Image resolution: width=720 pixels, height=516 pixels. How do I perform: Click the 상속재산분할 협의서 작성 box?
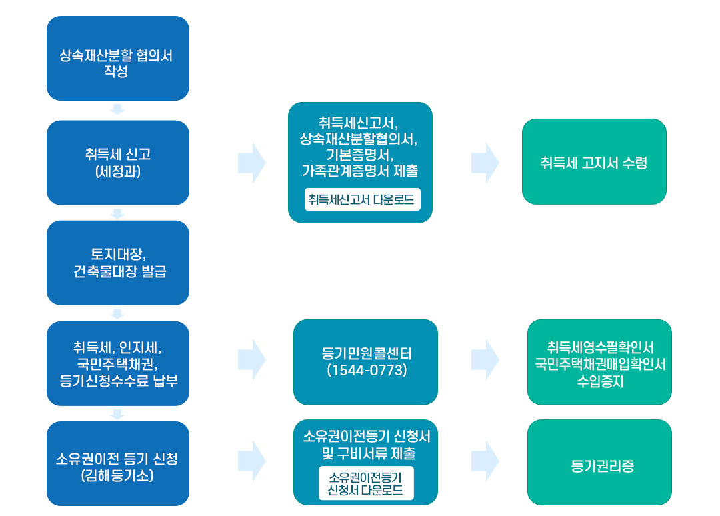pos(117,59)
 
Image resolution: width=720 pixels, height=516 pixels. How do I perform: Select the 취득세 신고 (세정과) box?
pos(117,163)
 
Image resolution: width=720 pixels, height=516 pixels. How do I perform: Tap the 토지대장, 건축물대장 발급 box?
pos(117,263)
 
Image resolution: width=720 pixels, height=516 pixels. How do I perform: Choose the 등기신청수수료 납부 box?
pos(117,363)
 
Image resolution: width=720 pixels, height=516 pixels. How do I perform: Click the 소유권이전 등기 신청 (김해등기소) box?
pos(117,463)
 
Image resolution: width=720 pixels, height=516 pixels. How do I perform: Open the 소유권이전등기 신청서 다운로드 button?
pos(365,483)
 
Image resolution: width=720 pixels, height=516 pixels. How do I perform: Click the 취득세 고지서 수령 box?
pos(593,162)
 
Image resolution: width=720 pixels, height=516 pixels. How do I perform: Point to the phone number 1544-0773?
pos(366,371)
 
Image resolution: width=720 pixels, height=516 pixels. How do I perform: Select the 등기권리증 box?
pos(599,465)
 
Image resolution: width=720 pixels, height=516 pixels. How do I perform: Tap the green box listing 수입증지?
pos(599,363)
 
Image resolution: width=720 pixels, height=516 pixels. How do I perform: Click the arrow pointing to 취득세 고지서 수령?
pos(485,162)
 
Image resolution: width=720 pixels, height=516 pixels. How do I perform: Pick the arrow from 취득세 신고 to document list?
pos(251,162)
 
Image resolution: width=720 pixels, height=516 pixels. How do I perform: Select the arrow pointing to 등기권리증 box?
pos(485,461)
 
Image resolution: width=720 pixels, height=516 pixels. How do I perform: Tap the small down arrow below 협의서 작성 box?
pos(117,109)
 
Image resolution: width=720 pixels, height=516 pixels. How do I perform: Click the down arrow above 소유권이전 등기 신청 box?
pos(117,414)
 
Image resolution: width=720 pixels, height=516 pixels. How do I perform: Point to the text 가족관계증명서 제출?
pos(360,171)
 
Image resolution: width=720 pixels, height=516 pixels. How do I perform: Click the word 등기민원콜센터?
pos(366,354)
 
